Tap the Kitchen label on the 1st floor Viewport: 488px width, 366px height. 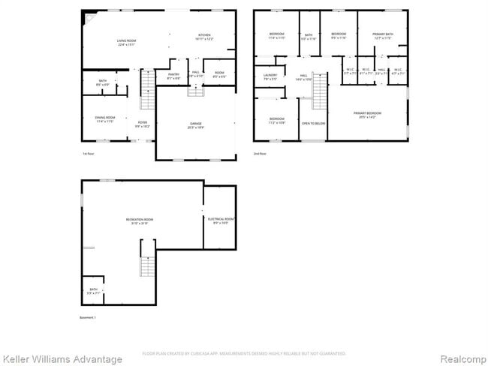(x=204, y=37)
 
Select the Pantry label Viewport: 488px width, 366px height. (x=173, y=76)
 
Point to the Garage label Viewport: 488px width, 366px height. (x=195, y=127)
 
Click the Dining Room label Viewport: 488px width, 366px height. (x=105, y=118)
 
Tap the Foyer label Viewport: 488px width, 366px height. (x=142, y=124)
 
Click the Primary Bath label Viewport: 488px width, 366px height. (x=383, y=35)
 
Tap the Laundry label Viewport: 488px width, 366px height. (x=270, y=76)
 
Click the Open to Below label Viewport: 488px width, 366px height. (x=313, y=123)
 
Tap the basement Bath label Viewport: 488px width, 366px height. (x=94, y=290)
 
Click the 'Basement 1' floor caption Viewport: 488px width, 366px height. (x=88, y=317)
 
